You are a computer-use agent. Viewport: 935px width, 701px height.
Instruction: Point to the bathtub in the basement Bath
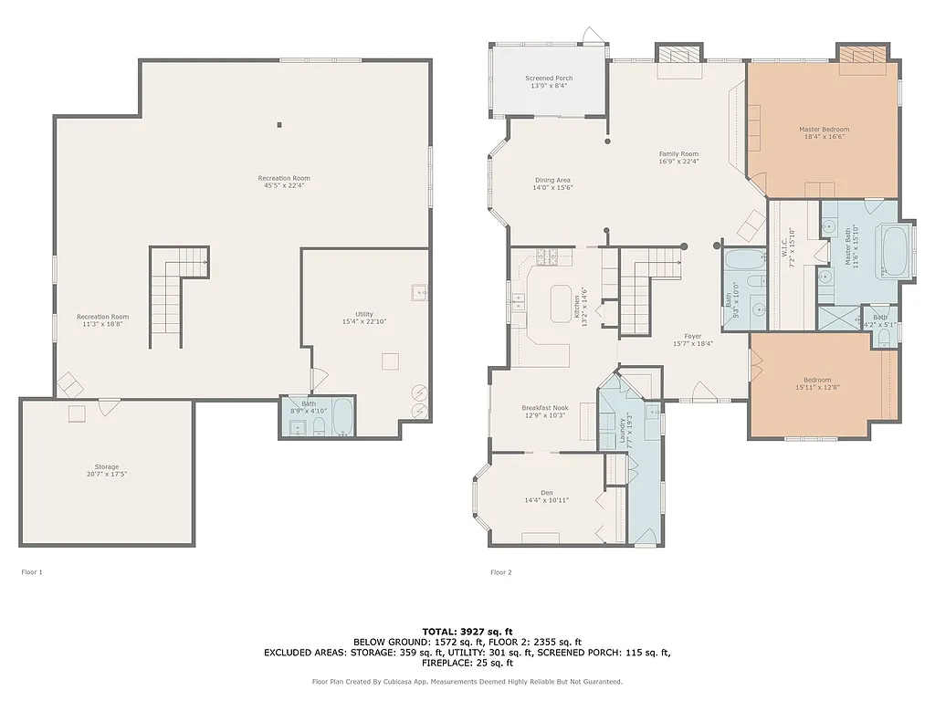click(342, 418)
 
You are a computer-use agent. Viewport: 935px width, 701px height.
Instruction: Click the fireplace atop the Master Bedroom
click(864, 55)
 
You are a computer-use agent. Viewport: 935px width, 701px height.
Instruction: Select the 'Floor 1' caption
click(32, 572)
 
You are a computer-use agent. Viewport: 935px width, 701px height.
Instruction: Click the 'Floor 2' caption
click(501, 572)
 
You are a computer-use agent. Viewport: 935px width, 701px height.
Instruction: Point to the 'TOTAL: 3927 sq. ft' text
click(467, 631)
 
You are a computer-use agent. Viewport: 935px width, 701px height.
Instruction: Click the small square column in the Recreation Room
click(279, 125)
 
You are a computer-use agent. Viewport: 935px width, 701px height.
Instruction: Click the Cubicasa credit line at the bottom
click(467, 681)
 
